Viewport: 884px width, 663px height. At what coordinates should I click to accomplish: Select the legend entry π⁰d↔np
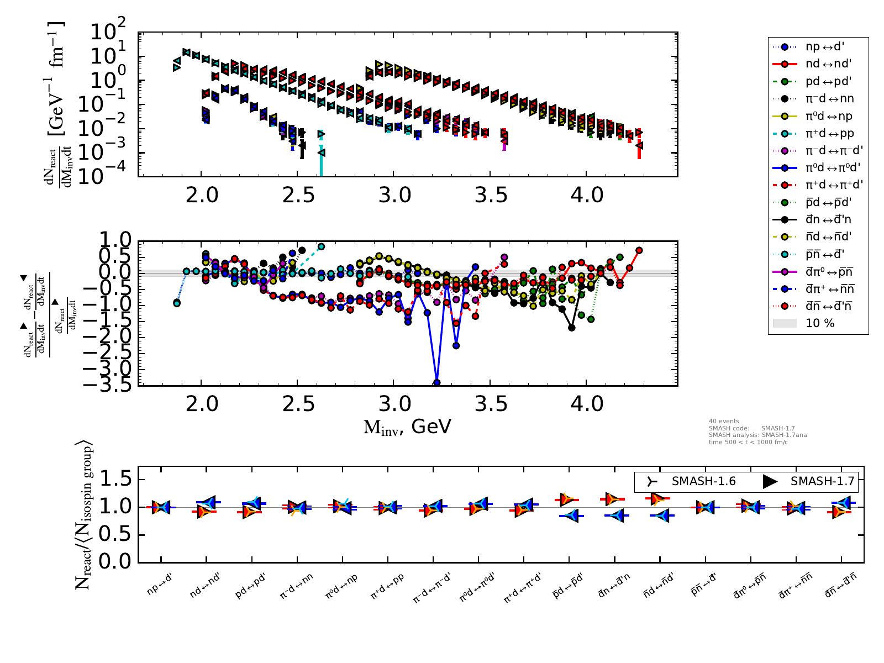(828, 116)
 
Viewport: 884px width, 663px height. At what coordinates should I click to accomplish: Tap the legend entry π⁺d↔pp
(829, 133)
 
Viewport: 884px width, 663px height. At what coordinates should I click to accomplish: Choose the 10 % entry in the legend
(820, 323)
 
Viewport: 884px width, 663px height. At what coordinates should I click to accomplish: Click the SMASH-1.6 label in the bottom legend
(703, 481)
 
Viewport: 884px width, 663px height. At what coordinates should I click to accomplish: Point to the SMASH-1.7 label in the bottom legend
(822, 481)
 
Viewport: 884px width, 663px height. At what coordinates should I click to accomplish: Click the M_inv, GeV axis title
(407, 427)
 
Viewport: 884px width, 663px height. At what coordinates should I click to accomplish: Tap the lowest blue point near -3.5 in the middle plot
(437, 382)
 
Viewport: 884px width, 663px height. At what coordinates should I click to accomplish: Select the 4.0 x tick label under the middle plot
(586, 404)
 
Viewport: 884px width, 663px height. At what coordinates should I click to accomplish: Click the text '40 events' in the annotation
(724, 421)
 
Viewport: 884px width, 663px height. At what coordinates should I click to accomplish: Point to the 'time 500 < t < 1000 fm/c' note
(748, 442)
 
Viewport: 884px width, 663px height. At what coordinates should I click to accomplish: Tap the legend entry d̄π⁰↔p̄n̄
(829, 271)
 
